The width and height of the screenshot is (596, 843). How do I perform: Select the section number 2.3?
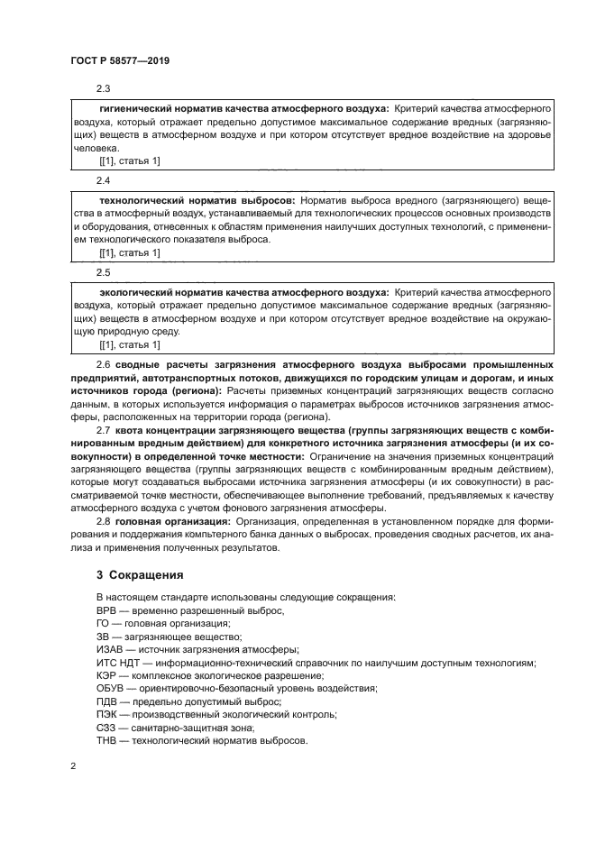pos(103,88)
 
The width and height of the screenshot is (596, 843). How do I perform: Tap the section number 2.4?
pos(103,180)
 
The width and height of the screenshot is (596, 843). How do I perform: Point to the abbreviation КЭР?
pos(107,675)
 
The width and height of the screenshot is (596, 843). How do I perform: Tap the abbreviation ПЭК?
pos(107,715)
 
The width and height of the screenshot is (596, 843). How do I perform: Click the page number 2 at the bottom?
pos(73,766)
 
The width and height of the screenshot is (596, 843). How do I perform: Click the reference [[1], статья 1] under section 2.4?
pos(129,253)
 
